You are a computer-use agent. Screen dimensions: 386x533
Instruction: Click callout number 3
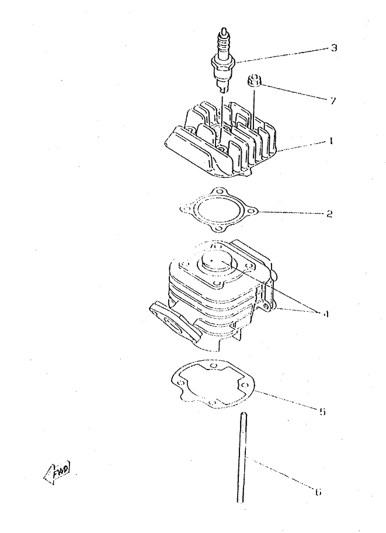tap(333, 48)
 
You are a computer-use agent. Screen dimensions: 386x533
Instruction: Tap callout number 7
tap(332, 101)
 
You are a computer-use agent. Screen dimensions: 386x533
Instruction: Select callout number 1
tap(330, 141)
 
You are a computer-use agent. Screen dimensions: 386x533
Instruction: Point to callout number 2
tap(329, 214)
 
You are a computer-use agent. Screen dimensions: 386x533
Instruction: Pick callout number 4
tap(325, 314)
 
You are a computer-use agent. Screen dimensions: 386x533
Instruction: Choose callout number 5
tap(322, 412)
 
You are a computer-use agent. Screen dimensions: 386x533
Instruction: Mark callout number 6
tap(317, 492)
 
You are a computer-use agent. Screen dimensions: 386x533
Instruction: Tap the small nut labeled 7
tap(254, 81)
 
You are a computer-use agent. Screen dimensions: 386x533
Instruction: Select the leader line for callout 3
tap(280, 54)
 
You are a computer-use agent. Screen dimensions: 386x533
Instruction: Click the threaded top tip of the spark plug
tap(224, 33)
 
